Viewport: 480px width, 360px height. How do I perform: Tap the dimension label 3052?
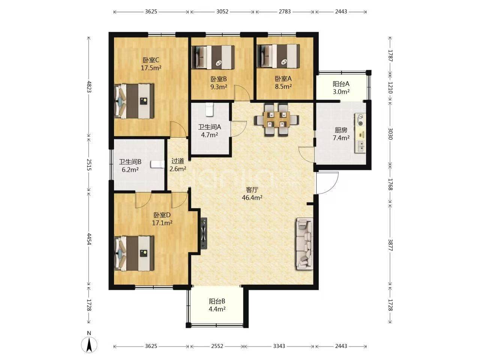(x=222, y=12)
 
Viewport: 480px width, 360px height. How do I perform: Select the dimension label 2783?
(x=285, y=12)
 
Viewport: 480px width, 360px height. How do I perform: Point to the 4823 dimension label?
(x=89, y=86)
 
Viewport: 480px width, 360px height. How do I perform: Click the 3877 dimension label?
(x=390, y=244)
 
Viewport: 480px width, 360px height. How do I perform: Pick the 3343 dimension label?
(x=279, y=346)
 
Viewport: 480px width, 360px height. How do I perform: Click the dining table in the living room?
(x=276, y=120)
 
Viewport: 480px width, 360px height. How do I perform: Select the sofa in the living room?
(x=304, y=243)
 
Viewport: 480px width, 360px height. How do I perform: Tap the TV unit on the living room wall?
(x=204, y=233)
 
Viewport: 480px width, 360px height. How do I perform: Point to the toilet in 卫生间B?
(x=157, y=164)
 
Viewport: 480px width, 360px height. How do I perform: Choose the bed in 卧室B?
(x=213, y=57)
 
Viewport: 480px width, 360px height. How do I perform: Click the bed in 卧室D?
(x=134, y=253)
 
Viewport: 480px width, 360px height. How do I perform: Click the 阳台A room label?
(x=341, y=84)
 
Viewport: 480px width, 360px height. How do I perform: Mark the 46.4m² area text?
(x=252, y=198)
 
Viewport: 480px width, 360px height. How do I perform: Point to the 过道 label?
(x=178, y=161)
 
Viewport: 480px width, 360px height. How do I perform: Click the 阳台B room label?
(x=217, y=301)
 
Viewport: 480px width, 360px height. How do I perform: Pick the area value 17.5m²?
(x=151, y=68)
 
